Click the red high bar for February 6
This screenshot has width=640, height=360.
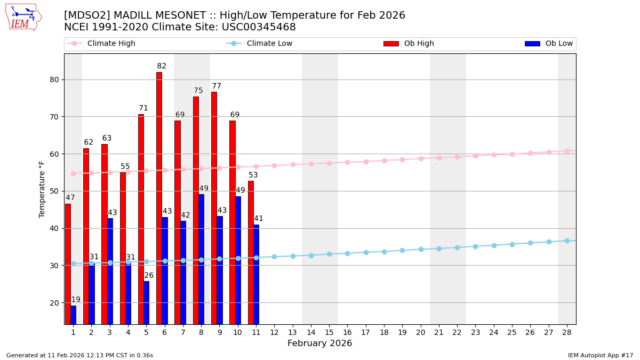(x=159, y=198)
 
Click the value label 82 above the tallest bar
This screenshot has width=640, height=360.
(x=162, y=67)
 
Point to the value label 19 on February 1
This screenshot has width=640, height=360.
(x=76, y=300)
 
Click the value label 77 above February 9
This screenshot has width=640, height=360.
(x=217, y=86)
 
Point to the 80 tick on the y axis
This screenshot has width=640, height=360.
(x=54, y=80)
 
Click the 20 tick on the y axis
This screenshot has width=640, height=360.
(x=54, y=303)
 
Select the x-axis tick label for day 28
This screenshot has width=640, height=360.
(x=567, y=332)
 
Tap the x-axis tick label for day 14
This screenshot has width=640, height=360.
(x=311, y=332)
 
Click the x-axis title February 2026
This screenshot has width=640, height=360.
(x=319, y=343)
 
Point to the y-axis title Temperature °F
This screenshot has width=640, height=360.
(x=42, y=189)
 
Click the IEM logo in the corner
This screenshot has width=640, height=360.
(x=23, y=17)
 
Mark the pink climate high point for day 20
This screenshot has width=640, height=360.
(x=421, y=158)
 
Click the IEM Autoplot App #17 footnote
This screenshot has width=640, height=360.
(x=601, y=355)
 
